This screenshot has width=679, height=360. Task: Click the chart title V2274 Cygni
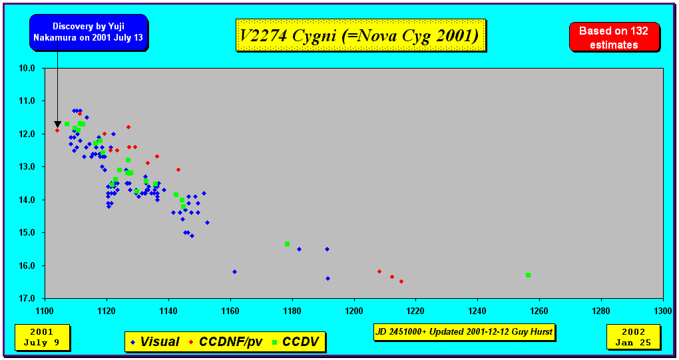[360, 35]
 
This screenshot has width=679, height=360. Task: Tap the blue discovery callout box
[89, 33]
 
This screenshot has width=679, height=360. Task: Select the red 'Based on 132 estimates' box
[614, 37]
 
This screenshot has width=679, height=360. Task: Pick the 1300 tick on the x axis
[662, 311]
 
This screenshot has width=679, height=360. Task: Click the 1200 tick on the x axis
[353, 311]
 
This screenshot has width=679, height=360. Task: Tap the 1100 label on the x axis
[45, 311]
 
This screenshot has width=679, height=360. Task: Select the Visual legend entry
[154, 342]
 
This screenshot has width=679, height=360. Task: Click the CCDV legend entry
[295, 342]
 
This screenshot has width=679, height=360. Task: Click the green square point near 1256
[528, 275]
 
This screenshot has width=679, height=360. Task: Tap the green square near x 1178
[287, 244]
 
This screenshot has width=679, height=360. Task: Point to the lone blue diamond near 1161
[234, 271]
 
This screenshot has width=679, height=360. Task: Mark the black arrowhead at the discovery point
[57, 124]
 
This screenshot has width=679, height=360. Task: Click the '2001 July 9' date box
[41, 337]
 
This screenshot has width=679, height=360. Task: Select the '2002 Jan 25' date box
[633, 337]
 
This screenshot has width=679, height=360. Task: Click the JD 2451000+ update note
[463, 331]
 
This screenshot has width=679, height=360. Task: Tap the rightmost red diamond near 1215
[401, 281]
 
